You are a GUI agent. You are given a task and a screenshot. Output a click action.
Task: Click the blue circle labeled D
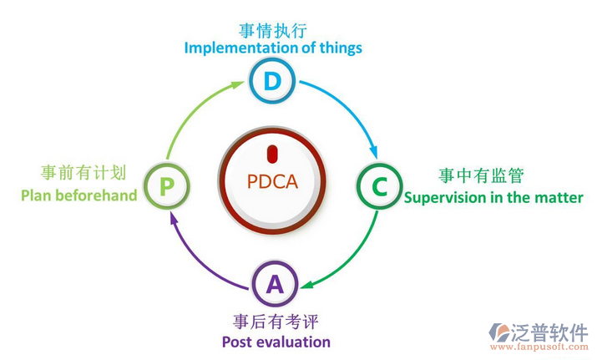[x=273, y=81]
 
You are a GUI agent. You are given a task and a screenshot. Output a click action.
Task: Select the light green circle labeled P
[x=167, y=185]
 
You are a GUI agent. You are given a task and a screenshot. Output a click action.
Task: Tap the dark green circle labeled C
[x=379, y=186]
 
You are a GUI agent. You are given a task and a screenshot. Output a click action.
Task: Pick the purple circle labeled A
[x=274, y=284]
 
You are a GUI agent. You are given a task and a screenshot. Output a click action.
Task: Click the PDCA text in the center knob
[x=273, y=180]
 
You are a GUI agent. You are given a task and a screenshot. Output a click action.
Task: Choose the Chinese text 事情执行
[x=272, y=30]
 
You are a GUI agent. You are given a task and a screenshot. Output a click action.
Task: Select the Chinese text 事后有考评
[x=276, y=322]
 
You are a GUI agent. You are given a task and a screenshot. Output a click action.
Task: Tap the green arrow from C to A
[x=351, y=255]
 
